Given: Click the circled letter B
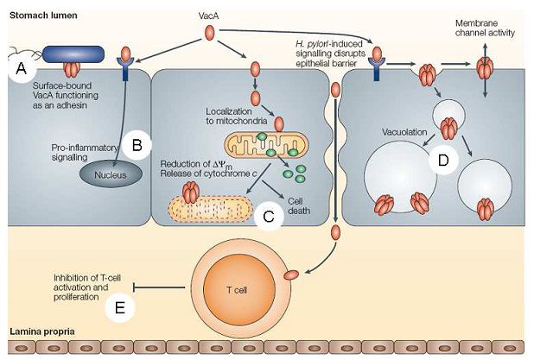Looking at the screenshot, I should point(137,146).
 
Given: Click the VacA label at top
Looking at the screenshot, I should point(208,15).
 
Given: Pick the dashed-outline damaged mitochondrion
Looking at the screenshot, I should point(207,207).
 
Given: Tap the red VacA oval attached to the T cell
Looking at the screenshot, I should point(292,275).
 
